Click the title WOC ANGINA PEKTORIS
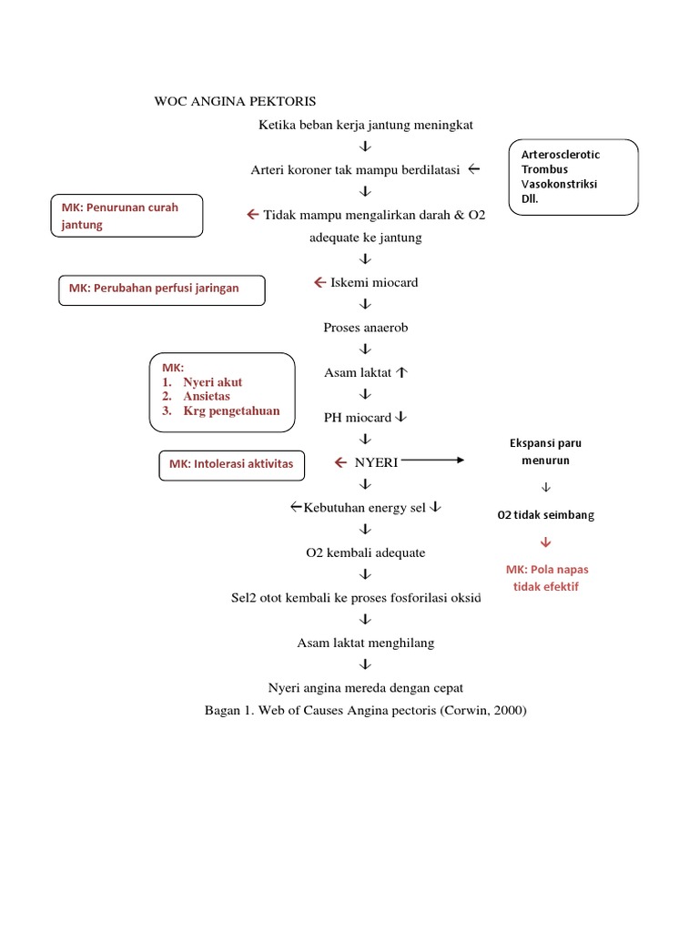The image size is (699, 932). (x=235, y=101)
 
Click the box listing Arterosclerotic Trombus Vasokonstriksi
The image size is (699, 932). (x=573, y=177)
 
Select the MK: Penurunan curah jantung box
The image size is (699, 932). (x=127, y=216)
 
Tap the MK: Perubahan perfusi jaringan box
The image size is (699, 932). (x=162, y=289)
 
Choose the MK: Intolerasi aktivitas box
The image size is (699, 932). (x=231, y=464)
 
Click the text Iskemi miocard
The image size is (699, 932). (x=373, y=282)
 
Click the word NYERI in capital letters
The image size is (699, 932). (x=376, y=462)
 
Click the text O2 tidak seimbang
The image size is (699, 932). (x=545, y=515)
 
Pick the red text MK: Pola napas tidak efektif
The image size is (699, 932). (x=547, y=578)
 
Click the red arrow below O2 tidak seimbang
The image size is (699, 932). (x=546, y=543)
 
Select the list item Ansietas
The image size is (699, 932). (x=206, y=396)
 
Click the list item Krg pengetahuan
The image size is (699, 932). (x=231, y=410)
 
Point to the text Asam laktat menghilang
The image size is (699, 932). (x=366, y=643)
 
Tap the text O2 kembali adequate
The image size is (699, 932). (x=365, y=552)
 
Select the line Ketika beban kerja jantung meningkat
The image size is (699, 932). (x=365, y=124)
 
